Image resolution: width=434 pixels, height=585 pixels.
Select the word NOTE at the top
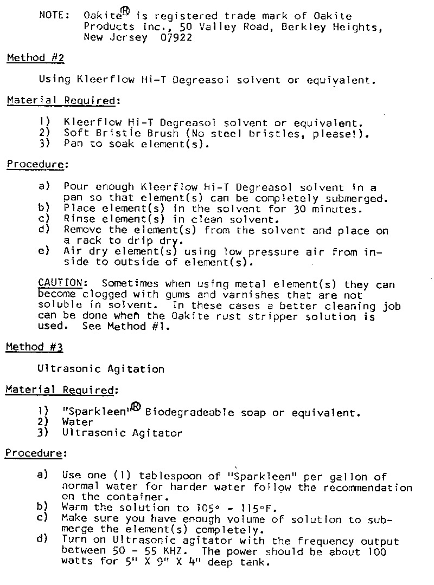(x=53, y=15)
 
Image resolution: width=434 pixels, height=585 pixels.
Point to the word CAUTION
(x=60, y=283)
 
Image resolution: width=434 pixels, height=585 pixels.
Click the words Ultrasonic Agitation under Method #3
(x=101, y=369)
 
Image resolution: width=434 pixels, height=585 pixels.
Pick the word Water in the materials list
(x=78, y=422)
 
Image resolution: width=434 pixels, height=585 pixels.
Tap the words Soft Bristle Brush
(x=121, y=133)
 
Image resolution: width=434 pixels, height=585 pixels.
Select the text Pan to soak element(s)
(x=136, y=144)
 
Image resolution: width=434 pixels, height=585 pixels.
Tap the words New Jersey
(x=116, y=37)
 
